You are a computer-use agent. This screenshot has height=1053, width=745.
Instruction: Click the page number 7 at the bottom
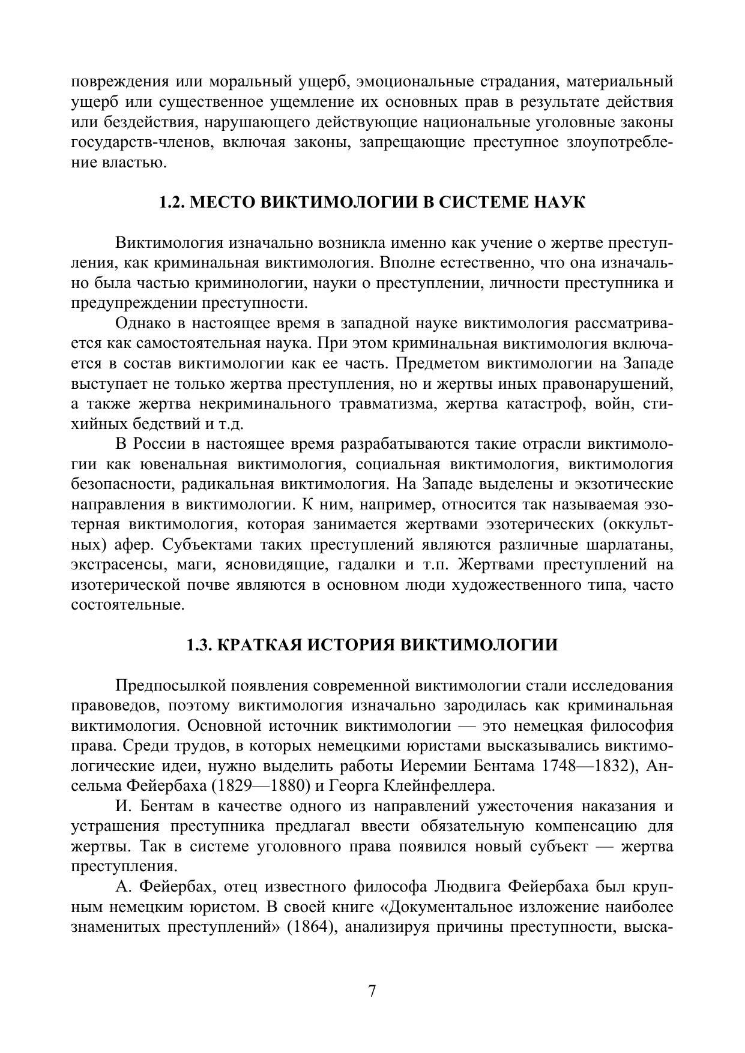click(x=372, y=991)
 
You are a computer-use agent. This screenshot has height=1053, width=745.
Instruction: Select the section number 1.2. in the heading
click(x=173, y=202)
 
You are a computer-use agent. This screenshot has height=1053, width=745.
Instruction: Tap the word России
click(x=158, y=444)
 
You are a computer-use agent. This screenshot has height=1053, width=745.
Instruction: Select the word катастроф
click(x=543, y=404)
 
